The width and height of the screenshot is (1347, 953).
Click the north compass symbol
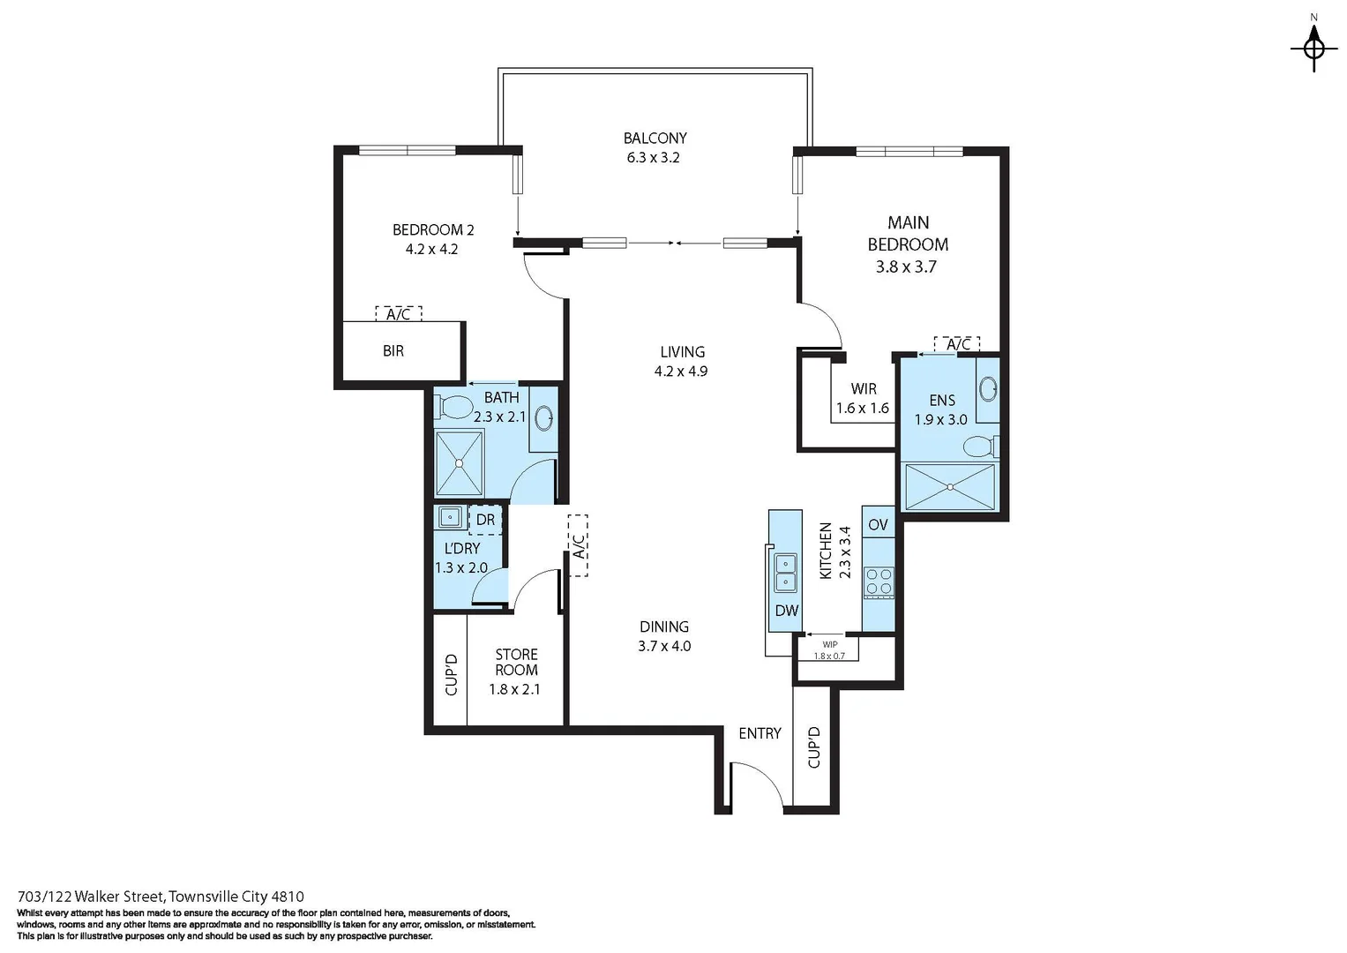(x=1313, y=47)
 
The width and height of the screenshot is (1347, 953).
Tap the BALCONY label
(x=655, y=139)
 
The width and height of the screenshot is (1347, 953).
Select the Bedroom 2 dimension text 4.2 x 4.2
(x=431, y=250)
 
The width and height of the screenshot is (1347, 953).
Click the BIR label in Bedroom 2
(x=393, y=351)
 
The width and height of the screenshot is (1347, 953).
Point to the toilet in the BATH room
(x=455, y=408)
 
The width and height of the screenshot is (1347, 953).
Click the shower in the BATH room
(x=459, y=463)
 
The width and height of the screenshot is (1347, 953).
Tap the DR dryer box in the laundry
(x=485, y=520)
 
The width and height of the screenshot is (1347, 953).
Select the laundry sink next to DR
(x=450, y=517)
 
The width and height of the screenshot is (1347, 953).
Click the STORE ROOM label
(x=516, y=662)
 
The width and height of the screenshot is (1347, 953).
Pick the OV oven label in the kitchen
(x=878, y=525)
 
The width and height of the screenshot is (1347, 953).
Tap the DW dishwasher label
(x=786, y=611)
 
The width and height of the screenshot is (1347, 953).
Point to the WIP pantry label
(x=829, y=645)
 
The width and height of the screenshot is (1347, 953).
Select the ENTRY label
(x=760, y=733)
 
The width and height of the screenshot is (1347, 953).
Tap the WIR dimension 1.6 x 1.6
(x=862, y=409)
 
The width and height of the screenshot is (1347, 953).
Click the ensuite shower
(x=950, y=487)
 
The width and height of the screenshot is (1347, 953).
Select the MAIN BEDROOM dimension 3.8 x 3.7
(x=906, y=266)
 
